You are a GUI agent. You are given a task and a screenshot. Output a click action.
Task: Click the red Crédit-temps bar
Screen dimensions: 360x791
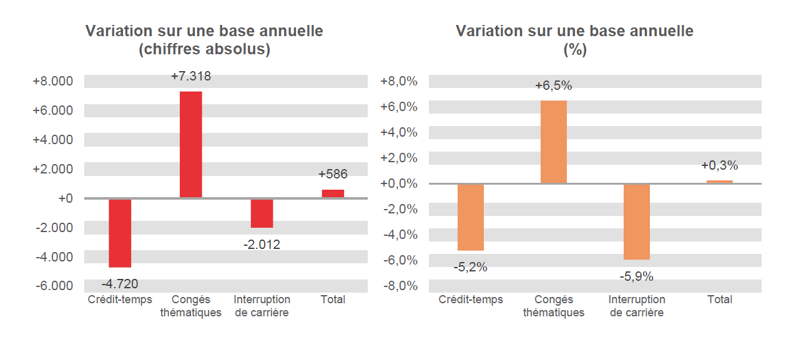(120, 233)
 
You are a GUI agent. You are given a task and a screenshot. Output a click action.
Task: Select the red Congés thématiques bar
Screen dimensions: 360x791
(190, 145)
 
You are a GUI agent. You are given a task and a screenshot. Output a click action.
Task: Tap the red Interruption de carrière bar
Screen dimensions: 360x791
(262, 213)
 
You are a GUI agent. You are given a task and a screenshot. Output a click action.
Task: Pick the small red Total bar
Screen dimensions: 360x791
(333, 193)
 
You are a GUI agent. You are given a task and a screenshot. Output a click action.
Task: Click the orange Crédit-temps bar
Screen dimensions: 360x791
(470, 217)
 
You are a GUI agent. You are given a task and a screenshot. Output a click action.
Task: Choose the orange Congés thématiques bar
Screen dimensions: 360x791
(553, 142)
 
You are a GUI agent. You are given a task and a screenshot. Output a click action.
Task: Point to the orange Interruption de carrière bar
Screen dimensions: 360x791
(636, 221)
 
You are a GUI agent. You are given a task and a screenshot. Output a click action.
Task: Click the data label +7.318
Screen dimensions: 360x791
(190, 77)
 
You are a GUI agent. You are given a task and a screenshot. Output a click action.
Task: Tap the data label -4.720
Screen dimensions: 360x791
(120, 284)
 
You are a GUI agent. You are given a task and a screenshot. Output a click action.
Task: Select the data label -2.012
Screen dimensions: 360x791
(262, 245)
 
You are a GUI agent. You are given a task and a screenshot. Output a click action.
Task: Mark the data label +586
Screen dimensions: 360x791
(333, 175)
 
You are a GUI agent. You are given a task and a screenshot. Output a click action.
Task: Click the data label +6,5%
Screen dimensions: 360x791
(553, 86)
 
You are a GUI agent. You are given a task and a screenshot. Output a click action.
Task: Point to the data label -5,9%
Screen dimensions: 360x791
(636, 276)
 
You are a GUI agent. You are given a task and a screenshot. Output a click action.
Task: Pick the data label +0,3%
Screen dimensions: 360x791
(719, 166)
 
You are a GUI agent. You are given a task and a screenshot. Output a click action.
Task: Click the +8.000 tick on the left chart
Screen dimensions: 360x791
(52, 82)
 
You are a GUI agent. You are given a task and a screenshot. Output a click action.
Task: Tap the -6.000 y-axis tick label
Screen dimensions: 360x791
(52, 286)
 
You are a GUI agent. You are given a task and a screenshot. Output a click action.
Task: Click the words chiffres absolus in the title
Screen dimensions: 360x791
(204, 50)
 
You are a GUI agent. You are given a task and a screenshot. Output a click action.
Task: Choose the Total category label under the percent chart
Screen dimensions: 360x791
(719, 299)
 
